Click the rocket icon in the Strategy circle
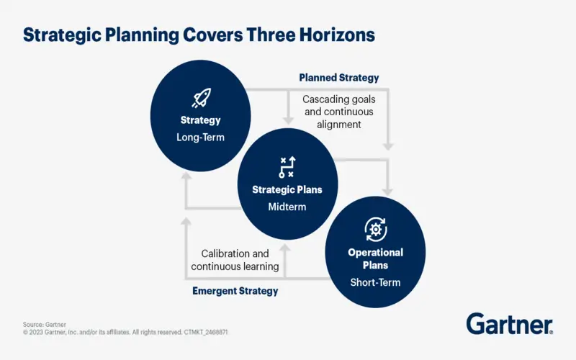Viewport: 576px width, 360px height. click(202, 98)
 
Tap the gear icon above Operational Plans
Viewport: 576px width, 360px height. click(375, 230)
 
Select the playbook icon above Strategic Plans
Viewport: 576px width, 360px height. click(287, 167)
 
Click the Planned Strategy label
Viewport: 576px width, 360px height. click(338, 78)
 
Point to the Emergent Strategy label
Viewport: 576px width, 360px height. click(235, 291)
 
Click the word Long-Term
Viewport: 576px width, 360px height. click(200, 138)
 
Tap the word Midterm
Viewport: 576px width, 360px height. click(287, 207)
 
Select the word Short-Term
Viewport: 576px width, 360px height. click(375, 282)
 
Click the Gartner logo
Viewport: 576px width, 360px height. click(510, 323)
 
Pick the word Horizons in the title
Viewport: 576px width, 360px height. click(337, 35)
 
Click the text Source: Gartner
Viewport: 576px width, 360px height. click(45, 325)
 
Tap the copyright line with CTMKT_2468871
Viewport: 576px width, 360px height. click(125, 332)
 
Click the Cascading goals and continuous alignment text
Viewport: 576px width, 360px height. click(338, 112)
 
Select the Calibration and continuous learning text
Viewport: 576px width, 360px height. click(235, 260)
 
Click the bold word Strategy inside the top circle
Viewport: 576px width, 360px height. click(200, 120)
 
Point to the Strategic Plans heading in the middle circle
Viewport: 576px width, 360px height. click(287, 189)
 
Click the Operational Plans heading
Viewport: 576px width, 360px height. click(375, 258)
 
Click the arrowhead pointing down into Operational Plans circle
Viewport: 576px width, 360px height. click(387, 192)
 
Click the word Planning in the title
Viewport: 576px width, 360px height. click(142, 35)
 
